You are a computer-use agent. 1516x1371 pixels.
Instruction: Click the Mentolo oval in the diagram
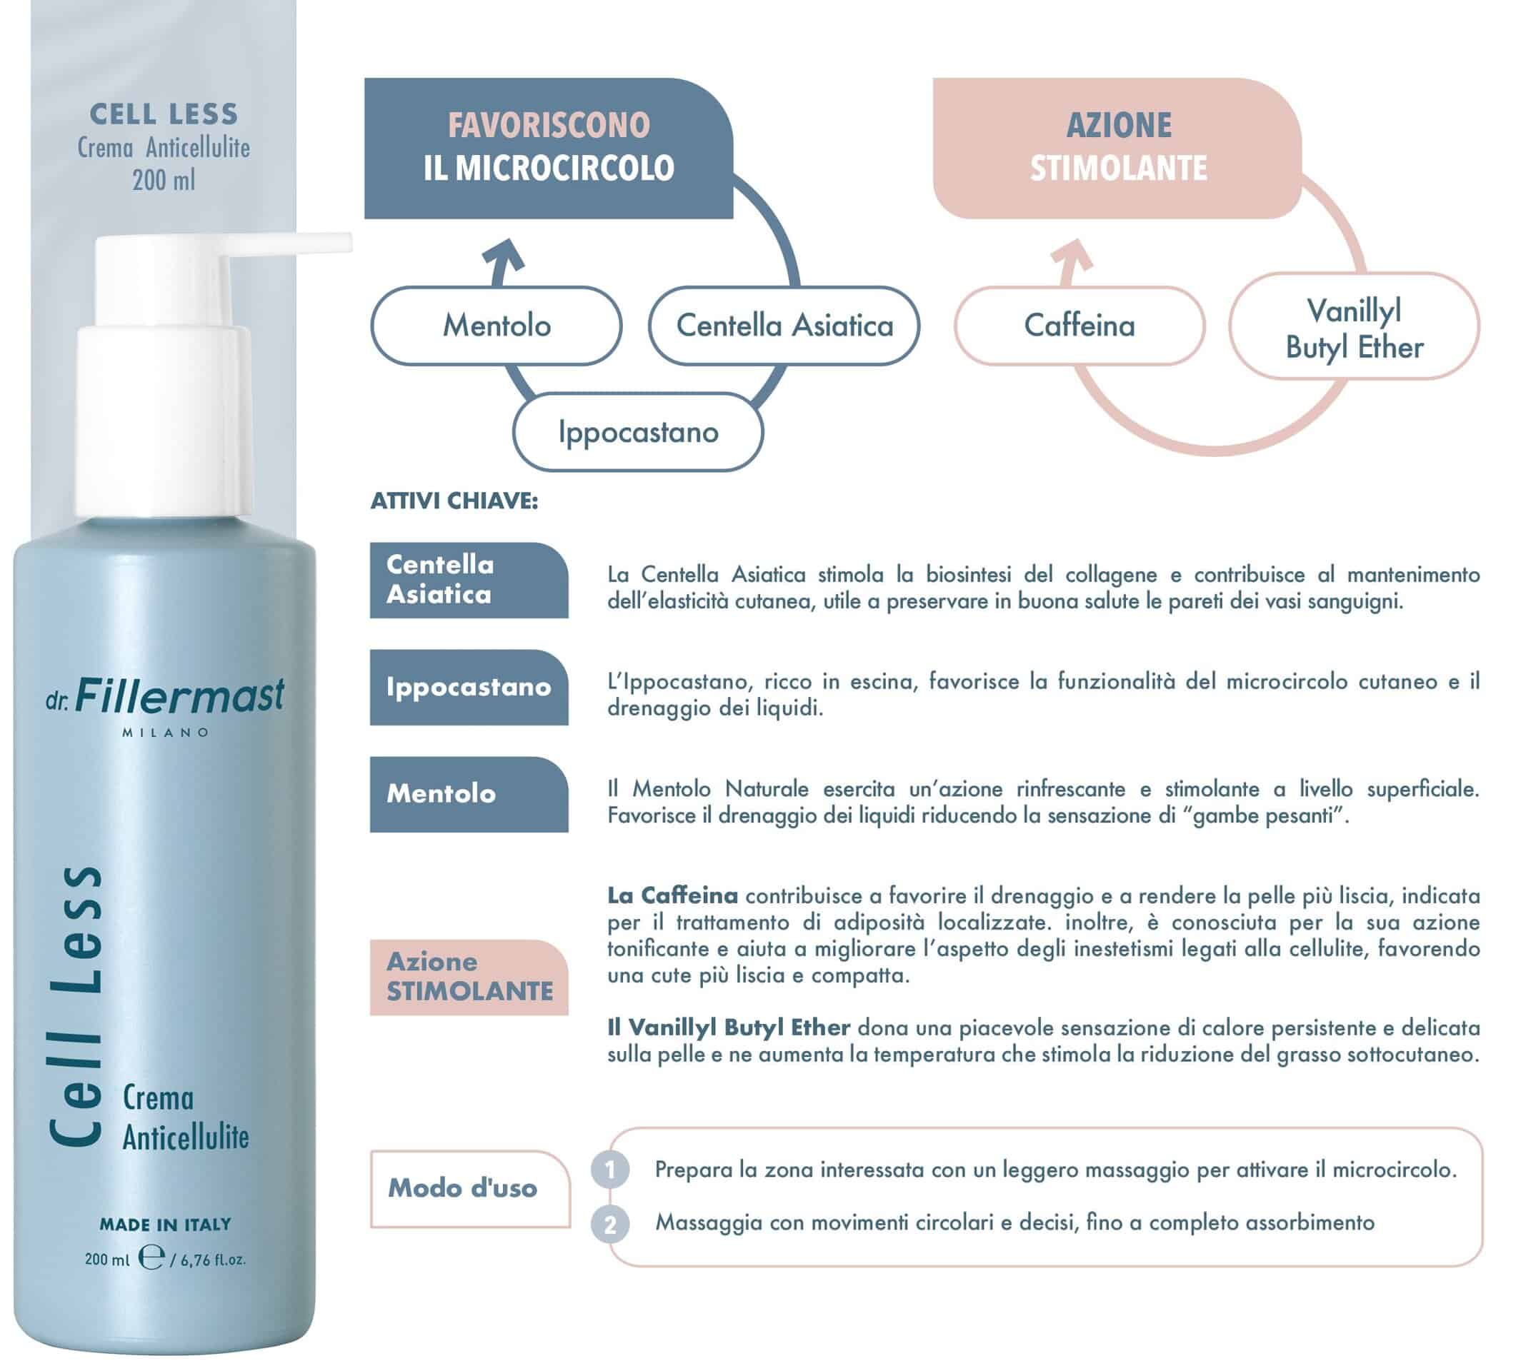point(497,326)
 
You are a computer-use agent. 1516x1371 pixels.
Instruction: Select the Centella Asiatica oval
point(784,326)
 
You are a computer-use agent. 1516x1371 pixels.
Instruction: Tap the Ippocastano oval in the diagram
point(638,432)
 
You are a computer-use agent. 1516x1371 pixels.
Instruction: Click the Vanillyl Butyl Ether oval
point(1355,326)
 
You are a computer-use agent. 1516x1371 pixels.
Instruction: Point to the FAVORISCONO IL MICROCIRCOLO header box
point(548,148)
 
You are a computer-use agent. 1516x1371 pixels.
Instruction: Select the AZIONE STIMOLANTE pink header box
point(1117,148)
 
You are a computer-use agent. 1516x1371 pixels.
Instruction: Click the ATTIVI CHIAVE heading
point(454,501)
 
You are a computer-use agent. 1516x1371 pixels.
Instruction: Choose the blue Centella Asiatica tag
point(469,581)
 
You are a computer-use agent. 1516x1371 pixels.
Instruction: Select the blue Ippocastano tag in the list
point(469,687)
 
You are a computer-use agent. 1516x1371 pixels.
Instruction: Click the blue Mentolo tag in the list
point(469,795)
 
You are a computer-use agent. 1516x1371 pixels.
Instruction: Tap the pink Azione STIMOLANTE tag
point(469,977)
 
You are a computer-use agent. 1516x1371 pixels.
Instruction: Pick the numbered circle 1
point(610,1170)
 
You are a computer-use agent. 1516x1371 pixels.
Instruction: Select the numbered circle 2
point(610,1225)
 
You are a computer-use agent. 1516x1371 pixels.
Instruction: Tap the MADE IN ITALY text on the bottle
point(166,1225)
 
